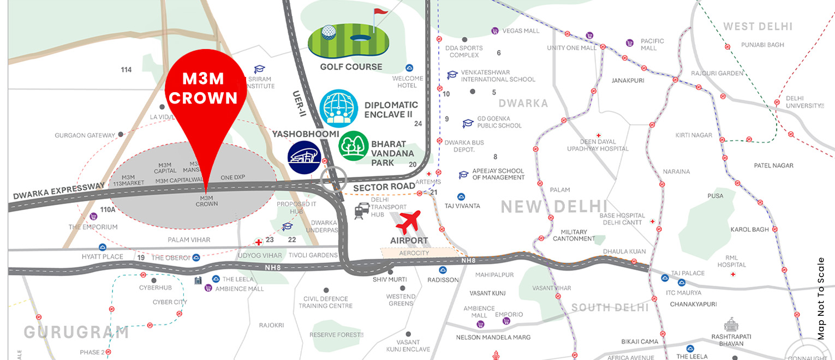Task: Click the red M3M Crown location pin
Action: pyautogui.click(x=206, y=93)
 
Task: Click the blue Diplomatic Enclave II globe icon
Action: pyautogui.click(x=338, y=109)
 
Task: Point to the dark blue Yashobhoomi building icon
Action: pyautogui.click(x=304, y=158)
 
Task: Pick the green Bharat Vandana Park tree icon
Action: pyautogui.click(x=353, y=146)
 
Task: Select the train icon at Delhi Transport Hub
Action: pyautogui.click(x=361, y=211)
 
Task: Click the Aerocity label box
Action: pyautogui.click(x=415, y=253)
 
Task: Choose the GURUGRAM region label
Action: pyautogui.click(x=76, y=332)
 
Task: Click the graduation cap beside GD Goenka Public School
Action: pyautogui.click(x=468, y=124)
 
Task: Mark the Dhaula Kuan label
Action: pyautogui.click(x=624, y=251)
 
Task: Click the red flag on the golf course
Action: pyautogui.click(x=380, y=13)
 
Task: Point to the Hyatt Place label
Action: pyautogui.click(x=102, y=256)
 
